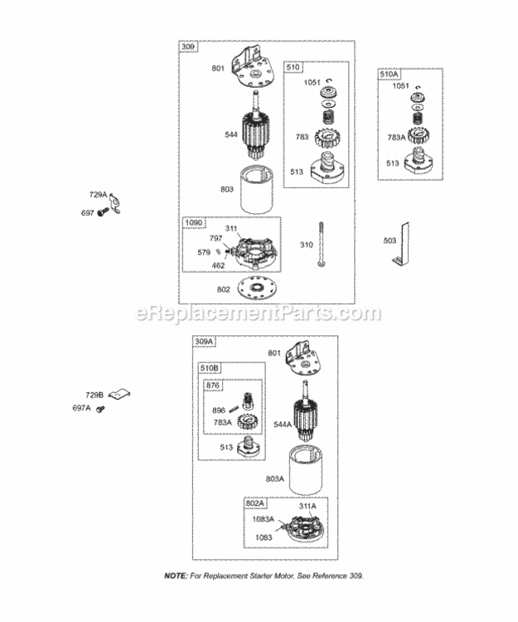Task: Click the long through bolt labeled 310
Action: click(x=321, y=244)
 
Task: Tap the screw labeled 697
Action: click(x=104, y=212)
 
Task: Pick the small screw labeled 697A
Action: click(x=100, y=408)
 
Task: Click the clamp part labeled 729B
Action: click(x=119, y=394)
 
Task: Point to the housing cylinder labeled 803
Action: click(x=257, y=190)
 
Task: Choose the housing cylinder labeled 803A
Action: click(x=305, y=470)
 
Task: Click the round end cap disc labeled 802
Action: click(x=257, y=289)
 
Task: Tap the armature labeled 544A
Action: click(x=306, y=411)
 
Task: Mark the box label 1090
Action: click(x=194, y=223)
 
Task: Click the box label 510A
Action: click(x=389, y=74)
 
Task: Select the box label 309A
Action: click(x=204, y=342)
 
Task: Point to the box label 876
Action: click(x=213, y=385)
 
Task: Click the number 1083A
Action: click(x=264, y=519)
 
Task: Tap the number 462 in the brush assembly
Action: click(x=218, y=265)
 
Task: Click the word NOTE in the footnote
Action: click(x=176, y=576)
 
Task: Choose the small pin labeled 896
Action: click(x=234, y=408)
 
